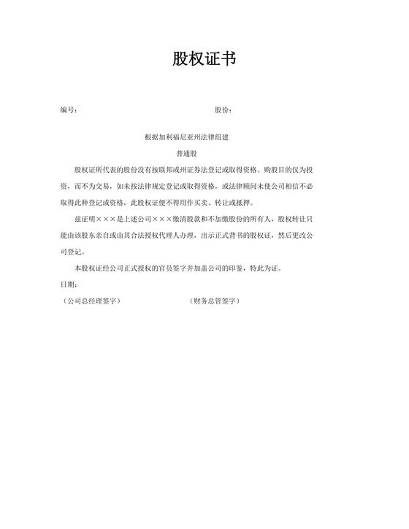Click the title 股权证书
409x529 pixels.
pyautogui.click(x=204, y=59)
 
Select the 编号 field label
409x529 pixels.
pyautogui.click(x=68, y=110)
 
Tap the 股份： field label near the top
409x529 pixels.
pyautogui.click(x=223, y=110)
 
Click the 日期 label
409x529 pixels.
pyautogui.click(x=68, y=284)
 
